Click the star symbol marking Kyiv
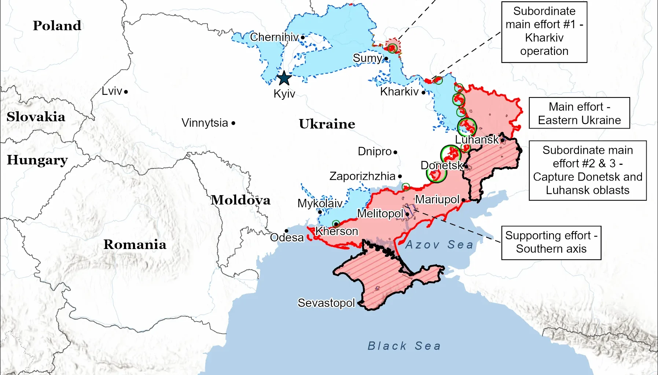(x=284, y=78)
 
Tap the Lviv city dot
(x=126, y=92)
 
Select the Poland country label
(x=57, y=26)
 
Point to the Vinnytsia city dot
(x=234, y=123)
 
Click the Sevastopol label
(x=326, y=303)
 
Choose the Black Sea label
(x=404, y=346)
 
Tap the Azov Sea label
(x=439, y=245)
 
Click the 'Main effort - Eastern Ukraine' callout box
(x=579, y=113)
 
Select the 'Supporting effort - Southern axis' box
(x=551, y=242)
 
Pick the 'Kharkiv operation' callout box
(x=544, y=32)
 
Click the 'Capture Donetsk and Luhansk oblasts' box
(x=587, y=170)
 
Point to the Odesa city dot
(x=286, y=231)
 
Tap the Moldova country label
(x=240, y=200)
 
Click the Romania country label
(x=135, y=244)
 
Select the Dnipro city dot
(x=395, y=152)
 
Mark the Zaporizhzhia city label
(x=362, y=176)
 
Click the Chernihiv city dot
(x=303, y=37)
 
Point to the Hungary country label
(x=37, y=160)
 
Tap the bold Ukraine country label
(x=327, y=124)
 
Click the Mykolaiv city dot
(x=320, y=212)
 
